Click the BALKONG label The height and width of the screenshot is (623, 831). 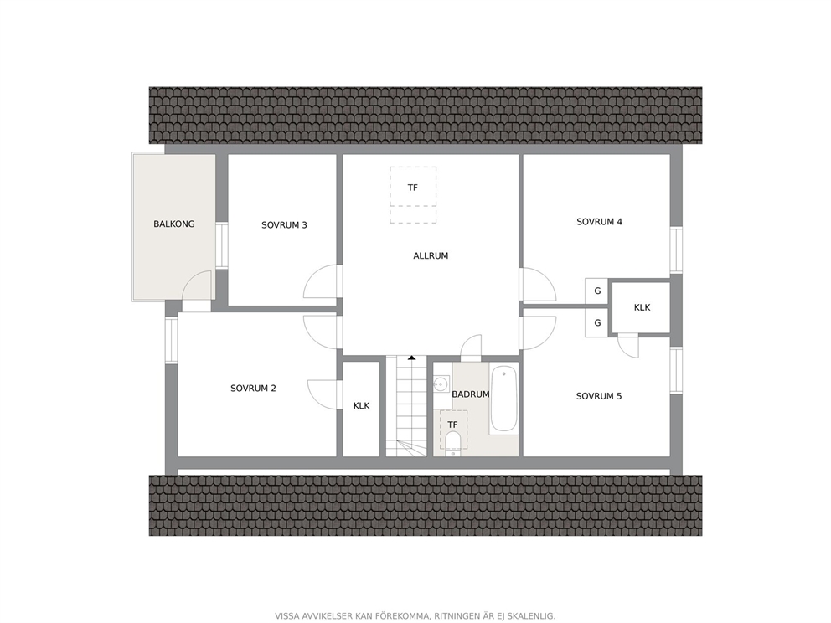[x=174, y=224]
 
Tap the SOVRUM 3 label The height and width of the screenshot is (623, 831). [x=284, y=225]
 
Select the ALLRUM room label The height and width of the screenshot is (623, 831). [x=431, y=256]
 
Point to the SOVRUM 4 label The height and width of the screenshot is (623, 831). [x=599, y=222]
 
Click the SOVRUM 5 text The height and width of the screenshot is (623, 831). [x=599, y=396]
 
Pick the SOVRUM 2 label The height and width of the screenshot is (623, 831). [x=253, y=389]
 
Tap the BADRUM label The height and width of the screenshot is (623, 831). [x=470, y=394]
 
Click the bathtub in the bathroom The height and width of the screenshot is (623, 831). [x=503, y=399]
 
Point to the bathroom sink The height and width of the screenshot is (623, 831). [x=441, y=384]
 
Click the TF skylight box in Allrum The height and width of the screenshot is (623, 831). [x=413, y=194]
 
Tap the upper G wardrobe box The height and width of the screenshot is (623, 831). [x=596, y=291]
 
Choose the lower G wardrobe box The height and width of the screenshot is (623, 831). [x=596, y=322]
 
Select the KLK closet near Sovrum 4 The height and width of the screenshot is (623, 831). [x=642, y=308]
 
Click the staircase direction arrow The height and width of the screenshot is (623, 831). [x=412, y=358]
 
